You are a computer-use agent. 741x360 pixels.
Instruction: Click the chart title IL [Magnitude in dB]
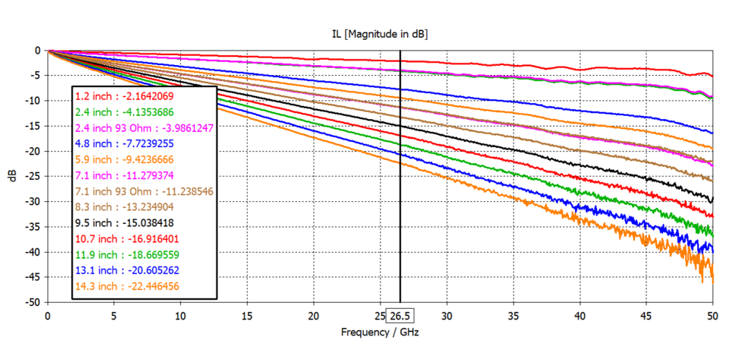(379, 34)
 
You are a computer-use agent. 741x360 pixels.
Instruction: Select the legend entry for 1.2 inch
(124, 96)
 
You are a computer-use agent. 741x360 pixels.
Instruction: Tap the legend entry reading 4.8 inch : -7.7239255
(124, 143)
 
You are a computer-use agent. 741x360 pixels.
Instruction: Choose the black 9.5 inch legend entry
(124, 223)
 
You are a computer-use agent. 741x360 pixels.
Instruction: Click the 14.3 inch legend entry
(127, 286)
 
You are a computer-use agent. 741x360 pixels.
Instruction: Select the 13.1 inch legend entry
(127, 271)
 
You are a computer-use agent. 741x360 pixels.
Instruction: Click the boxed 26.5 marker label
(400, 316)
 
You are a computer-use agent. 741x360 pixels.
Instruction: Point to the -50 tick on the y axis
(33, 302)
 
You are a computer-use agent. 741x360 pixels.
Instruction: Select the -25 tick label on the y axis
(33, 176)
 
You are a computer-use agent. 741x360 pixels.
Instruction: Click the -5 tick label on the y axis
(35, 76)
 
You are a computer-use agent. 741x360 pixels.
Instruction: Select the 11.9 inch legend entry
(127, 255)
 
